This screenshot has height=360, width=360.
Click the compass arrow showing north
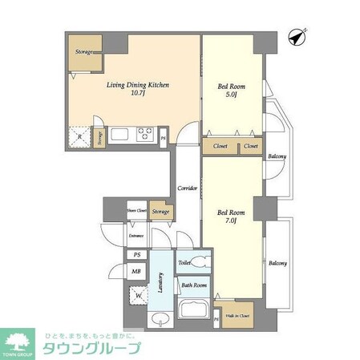coord(298,36)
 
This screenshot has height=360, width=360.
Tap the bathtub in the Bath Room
coord(195,309)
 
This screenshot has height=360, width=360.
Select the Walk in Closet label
coord(237,315)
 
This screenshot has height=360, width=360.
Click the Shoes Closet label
coord(136,212)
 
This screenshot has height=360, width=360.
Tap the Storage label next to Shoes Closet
coord(161,212)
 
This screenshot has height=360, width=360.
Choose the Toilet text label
coord(184,262)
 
